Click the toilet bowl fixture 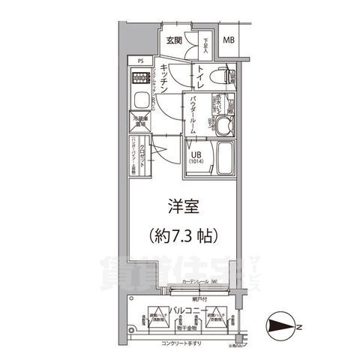(x=220, y=76)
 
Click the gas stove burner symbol (x=139, y=77)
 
